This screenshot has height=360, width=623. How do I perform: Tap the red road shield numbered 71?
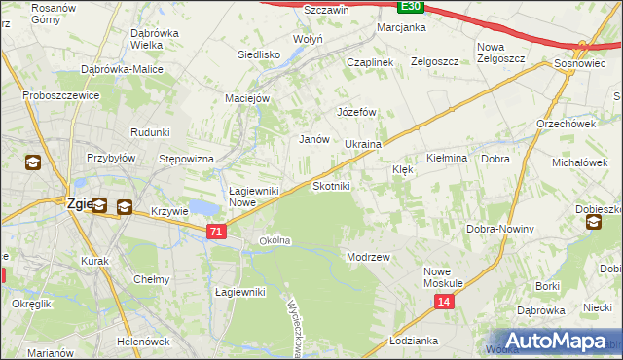pyautogui.click(x=217, y=231)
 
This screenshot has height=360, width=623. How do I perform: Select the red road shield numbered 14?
pyautogui.click(x=444, y=303)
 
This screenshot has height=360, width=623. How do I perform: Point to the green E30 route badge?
pyautogui.click(x=411, y=6)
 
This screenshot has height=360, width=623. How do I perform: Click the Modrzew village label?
pyautogui.click(x=368, y=257)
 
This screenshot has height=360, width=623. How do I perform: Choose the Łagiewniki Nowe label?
pyautogui.click(x=254, y=197)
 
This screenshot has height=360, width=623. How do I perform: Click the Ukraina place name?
pyautogui.click(x=363, y=144)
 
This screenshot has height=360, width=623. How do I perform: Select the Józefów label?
pyautogui.click(x=356, y=112)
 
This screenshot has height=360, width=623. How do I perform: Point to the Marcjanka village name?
pyautogui.click(x=401, y=27)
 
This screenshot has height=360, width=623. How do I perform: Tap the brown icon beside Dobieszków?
pyautogui.click(x=594, y=224)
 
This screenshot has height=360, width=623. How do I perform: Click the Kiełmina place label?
pyautogui.click(x=448, y=157)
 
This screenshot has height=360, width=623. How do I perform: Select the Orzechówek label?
pyautogui.click(x=566, y=124)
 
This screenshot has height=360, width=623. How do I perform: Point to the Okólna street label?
pyautogui.click(x=275, y=240)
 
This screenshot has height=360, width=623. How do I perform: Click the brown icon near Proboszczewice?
pyautogui.click(x=33, y=162)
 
